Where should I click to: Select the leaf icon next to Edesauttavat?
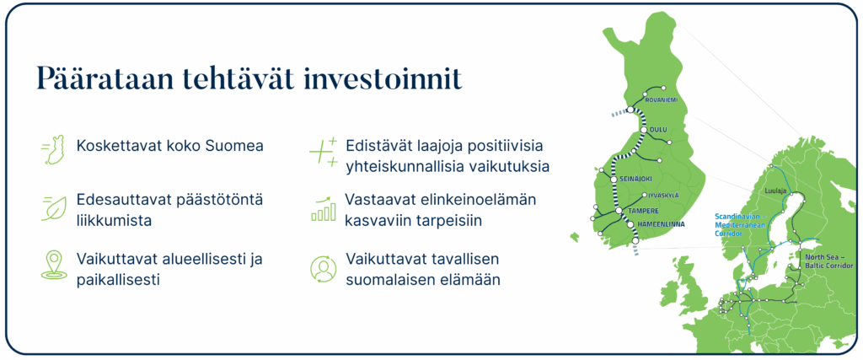[53, 207]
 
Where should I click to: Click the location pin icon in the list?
[53, 264]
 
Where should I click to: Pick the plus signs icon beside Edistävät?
[323, 151]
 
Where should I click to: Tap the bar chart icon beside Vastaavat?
[322, 208]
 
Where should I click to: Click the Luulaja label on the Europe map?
[775, 191]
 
